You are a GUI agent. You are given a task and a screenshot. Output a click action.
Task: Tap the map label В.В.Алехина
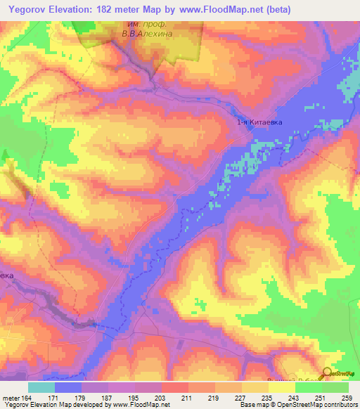point(147,32)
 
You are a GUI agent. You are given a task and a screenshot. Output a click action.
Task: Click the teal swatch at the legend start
point(41,387)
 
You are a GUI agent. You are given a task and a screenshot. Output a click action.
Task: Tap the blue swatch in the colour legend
point(67,387)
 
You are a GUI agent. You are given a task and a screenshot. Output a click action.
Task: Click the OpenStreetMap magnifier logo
point(328,373)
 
